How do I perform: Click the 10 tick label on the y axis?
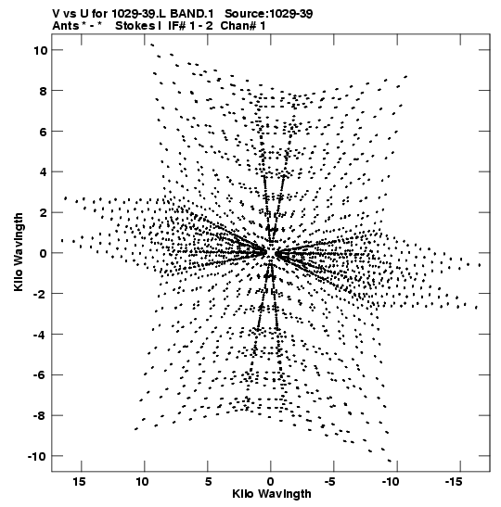(x=40, y=50)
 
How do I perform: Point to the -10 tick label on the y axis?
(x=37, y=456)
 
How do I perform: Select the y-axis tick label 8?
(x=44, y=91)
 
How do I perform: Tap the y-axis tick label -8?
(x=40, y=415)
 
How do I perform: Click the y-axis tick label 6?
(x=44, y=132)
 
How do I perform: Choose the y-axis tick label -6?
(x=40, y=375)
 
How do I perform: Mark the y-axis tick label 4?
(x=44, y=172)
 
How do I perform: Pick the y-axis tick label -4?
(x=40, y=335)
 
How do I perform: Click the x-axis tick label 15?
(x=79, y=482)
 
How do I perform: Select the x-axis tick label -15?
(x=454, y=482)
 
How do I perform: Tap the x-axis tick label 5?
(x=208, y=482)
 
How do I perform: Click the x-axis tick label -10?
(x=391, y=482)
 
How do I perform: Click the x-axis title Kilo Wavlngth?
(x=272, y=494)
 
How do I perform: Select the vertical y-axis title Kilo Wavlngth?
(x=19, y=252)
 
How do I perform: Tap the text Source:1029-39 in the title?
(x=269, y=14)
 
